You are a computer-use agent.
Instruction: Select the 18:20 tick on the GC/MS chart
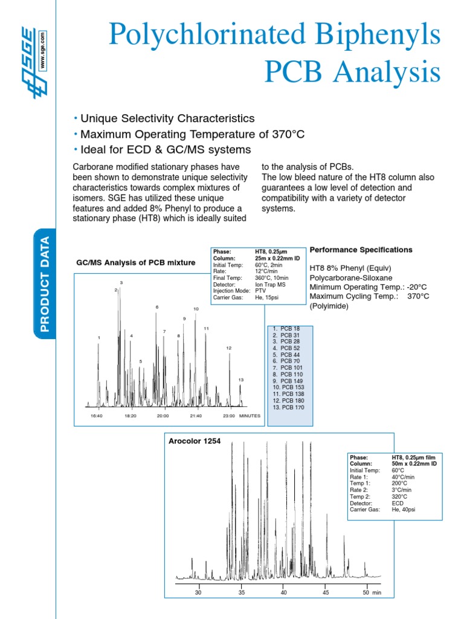point(130,416)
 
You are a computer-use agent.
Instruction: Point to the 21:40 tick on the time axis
point(196,416)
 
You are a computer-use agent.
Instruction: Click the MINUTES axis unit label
point(249,416)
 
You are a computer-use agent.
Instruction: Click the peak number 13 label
point(240,380)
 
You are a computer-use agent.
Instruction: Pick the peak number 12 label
point(229,348)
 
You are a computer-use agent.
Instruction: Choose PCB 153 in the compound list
point(288,387)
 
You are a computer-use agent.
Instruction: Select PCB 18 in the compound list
point(286,328)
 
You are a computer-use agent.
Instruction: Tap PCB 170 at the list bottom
point(288,407)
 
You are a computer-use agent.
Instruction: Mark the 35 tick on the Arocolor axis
point(241,592)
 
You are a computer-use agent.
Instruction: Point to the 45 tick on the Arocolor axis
point(325,592)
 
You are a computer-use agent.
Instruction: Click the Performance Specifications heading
point(361,250)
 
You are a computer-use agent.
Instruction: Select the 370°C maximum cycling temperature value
point(417,297)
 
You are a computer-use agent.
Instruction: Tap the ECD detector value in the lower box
point(398,503)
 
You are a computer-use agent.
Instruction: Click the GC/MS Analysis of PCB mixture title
point(135,262)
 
